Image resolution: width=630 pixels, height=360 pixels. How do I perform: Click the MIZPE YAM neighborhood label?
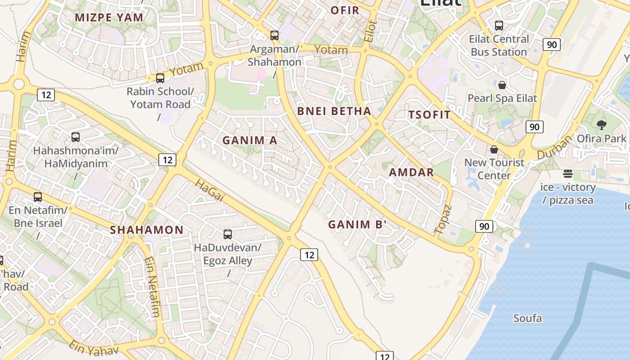click(x=109, y=18)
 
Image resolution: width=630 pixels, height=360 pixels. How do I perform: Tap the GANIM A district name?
click(x=250, y=140)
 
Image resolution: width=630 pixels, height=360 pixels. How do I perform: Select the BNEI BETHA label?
click(x=334, y=111)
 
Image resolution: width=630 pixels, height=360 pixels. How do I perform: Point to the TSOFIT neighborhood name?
click(x=429, y=114)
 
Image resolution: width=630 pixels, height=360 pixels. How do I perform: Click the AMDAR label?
click(x=411, y=172)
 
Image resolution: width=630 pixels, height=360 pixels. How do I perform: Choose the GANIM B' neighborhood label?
click(x=357, y=225)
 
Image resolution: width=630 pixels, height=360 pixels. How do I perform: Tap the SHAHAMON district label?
click(x=147, y=230)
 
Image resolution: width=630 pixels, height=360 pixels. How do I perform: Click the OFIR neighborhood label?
click(x=345, y=10)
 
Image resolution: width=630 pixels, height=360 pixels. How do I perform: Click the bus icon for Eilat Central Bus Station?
click(x=499, y=26)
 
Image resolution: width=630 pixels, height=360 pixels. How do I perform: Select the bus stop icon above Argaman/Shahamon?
click(x=274, y=35)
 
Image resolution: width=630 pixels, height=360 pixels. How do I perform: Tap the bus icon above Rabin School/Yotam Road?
click(x=160, y=78)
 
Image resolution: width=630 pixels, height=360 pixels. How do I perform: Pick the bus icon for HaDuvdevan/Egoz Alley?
click(x=228, y=234)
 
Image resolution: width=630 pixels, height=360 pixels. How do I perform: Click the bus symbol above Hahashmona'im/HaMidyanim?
click(x=76, y=137)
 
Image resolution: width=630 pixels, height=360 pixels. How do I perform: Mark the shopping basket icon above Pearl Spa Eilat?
click(x=502, y=85)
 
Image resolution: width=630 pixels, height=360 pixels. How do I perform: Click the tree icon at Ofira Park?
click(x=601, y=125)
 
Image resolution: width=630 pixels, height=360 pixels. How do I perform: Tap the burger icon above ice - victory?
click(x=568, y=174)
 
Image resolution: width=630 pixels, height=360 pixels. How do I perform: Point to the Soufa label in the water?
click(x=527, y=319)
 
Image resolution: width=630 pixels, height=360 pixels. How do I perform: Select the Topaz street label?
click(x=443, y=219)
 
